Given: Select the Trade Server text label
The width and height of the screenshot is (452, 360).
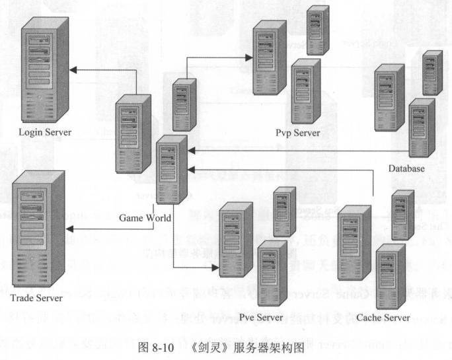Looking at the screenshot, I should tap(36, 298).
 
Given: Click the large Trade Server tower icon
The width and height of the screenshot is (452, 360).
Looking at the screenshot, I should tap(39, 229).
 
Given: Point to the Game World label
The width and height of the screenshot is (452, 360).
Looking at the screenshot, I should tap(145, 218).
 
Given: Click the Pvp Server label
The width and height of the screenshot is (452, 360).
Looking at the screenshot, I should tap(297, 133).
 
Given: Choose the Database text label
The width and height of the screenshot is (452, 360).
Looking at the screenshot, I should tap(406, 168).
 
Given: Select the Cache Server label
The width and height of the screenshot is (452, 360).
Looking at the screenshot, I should tap(383, 318).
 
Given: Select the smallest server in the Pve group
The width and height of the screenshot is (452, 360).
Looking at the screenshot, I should tap(284, 211).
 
